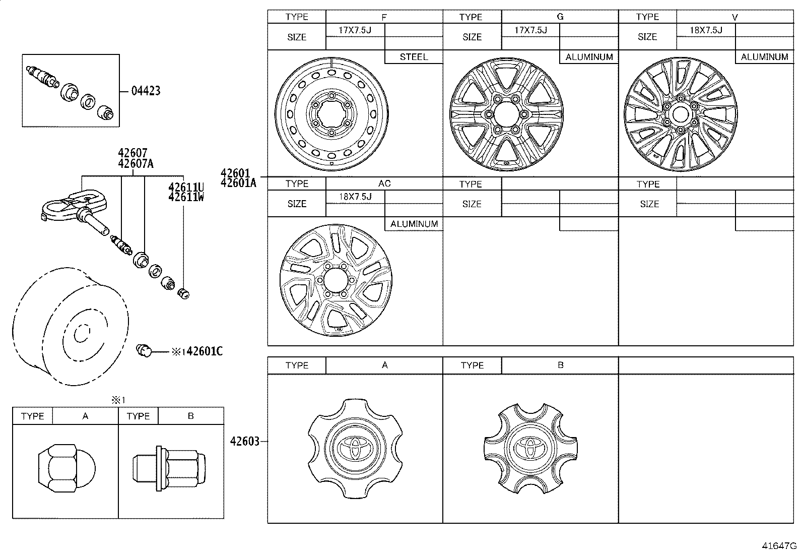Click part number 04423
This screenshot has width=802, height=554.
point(146,91)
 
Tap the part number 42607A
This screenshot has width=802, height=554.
point(136,164)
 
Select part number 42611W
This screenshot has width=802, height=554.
point(186,197)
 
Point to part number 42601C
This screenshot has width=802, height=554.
point(205,351)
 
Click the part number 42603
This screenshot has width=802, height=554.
point(244,441)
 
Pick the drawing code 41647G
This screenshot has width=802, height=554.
point(779,546)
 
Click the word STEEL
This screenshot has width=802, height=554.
point(414,57)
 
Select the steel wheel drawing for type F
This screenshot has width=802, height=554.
point(331,114)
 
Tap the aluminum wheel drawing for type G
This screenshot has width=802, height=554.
point(506,114)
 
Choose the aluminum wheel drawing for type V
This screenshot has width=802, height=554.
point(681,114)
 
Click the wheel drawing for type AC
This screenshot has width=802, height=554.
point(336,280)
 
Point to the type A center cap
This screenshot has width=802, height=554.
point(355,449)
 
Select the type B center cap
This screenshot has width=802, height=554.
point(530,449)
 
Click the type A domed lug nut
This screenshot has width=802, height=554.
point(67,468)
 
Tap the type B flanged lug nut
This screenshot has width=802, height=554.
point(169,468)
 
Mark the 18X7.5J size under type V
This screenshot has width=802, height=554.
point(706,30)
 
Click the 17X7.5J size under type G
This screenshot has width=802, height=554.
point(530,30)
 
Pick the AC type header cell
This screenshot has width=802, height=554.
point(384,183)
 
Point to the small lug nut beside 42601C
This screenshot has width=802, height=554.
point(144,350)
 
